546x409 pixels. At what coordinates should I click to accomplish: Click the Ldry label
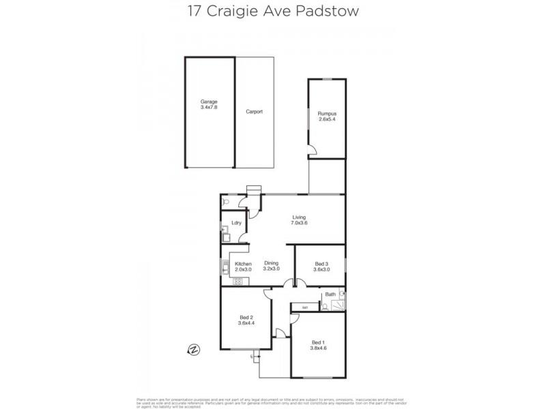237,223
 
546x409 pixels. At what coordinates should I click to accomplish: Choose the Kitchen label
244,264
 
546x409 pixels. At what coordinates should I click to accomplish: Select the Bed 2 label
246,316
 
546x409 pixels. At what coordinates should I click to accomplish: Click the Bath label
330,294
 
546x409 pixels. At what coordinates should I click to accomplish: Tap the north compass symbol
194,350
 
